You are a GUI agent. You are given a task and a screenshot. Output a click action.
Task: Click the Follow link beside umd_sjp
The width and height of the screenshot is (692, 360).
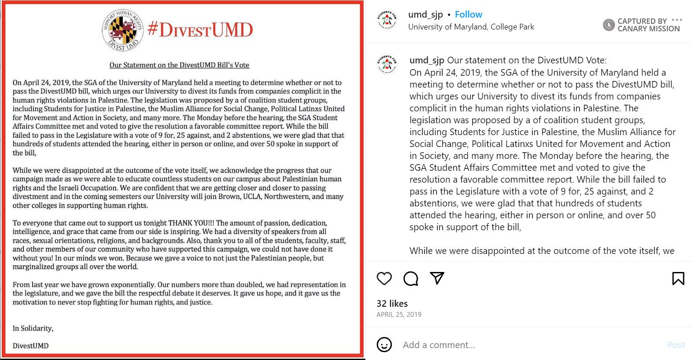point(468,15)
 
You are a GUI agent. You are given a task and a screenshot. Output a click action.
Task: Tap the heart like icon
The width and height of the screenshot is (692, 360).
point(384,278)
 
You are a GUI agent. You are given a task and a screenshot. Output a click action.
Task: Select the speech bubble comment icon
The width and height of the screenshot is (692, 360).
point(411,278)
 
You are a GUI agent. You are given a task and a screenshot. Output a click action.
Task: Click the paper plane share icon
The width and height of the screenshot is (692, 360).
point(437,278)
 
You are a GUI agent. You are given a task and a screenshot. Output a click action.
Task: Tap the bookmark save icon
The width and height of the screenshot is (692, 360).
point(678,278)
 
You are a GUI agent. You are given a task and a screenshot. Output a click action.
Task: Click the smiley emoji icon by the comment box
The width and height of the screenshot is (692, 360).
point(384,345)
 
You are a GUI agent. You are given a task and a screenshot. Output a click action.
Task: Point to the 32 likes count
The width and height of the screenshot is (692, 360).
point(392,303)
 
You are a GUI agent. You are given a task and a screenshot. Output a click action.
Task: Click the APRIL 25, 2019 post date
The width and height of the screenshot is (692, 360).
point(399,315)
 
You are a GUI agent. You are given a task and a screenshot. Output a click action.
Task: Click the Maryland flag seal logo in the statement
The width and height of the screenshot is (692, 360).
point(122,30)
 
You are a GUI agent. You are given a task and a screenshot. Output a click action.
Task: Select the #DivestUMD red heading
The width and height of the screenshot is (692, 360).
point(200,29)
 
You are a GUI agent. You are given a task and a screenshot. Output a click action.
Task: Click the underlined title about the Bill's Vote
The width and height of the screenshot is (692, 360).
point(179,65)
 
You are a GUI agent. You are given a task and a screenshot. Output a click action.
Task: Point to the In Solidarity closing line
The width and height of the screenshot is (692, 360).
point(33,328)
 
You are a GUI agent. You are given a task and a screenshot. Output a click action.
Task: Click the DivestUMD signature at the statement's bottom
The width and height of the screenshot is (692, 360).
point(30,346)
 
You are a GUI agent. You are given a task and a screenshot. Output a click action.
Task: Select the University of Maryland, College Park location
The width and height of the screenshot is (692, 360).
point(471,27)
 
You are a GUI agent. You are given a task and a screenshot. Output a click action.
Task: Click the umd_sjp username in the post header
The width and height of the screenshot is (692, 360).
point(425,15)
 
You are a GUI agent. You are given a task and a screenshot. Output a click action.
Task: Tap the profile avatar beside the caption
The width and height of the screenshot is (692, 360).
point(387,64)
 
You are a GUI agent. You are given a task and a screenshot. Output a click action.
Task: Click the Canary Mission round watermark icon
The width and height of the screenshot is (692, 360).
point(608,25)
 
